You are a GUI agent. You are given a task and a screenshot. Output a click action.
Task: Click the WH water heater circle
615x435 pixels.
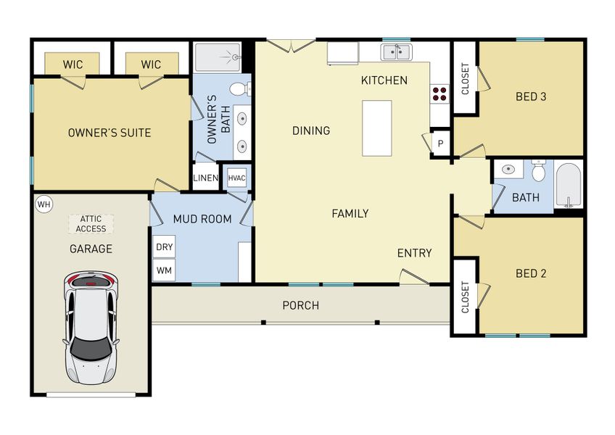coord(44,204)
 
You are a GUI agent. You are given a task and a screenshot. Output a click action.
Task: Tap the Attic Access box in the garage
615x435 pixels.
coord(91,224)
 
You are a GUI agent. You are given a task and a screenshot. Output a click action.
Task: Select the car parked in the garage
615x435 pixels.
coord(90,328)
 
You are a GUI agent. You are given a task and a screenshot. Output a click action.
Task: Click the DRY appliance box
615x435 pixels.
coord(165,246)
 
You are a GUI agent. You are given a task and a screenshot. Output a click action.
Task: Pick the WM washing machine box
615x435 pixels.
coord(165,270)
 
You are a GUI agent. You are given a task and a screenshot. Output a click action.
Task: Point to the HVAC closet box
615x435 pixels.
coord(236,178)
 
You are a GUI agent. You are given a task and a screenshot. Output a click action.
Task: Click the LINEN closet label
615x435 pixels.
coord(206,178)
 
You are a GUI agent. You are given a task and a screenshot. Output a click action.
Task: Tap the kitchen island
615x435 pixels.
coord(376,128)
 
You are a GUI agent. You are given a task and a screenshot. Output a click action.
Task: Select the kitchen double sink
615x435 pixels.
coord(396,51)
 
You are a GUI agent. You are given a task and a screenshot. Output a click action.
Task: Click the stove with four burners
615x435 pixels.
coord(440,92)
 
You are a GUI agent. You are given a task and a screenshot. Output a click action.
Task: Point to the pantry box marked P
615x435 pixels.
coord(440,144)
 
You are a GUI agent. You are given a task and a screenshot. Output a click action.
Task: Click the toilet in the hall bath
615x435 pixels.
coord(538,172)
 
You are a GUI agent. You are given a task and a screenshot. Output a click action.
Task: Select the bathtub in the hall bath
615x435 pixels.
coord(569,186)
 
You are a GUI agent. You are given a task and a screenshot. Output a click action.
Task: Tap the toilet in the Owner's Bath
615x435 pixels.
coord(240,89)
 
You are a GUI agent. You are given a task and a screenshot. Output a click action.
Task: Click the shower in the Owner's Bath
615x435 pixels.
coord(218,56)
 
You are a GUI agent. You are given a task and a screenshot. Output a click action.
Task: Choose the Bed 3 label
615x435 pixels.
coord(530,96)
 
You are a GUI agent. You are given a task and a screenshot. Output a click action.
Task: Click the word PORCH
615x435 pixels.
coord(300,305)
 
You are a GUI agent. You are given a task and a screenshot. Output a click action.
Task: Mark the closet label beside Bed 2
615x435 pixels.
coord(464,297)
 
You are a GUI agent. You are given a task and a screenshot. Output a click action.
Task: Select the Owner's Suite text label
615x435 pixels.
coord(109,133)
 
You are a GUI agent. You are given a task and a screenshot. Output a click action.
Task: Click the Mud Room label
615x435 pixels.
coord(202,219)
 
